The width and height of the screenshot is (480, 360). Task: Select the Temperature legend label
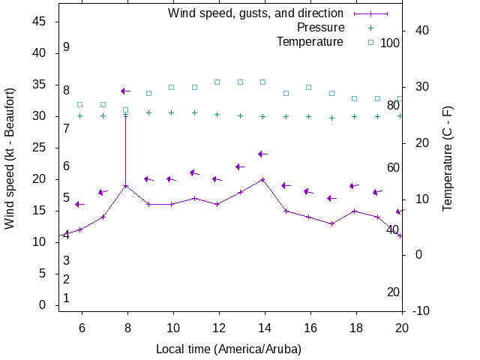pos(310,42)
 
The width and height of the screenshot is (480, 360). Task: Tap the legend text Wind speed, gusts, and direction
pos(255,13)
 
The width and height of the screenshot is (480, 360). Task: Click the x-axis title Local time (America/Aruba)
pos(229,349)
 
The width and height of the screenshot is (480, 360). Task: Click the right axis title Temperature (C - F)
pos(448,158)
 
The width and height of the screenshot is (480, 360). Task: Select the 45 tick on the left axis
pos(40,22)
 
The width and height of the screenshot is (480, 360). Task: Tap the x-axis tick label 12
pos(219,327)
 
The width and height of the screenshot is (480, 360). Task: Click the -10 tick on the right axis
pos(421,310)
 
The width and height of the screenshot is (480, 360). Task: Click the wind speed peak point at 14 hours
pos(262,179)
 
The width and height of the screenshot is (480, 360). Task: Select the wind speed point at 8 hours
pos(126,185)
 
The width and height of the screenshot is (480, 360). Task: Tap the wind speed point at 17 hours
pos(331,223)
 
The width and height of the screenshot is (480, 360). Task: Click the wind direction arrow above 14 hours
pos(262,154)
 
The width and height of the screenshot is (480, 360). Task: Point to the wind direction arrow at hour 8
pos(126,91)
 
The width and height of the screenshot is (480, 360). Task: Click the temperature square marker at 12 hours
pos(217,82)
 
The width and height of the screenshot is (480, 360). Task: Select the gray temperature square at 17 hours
pos(331,93)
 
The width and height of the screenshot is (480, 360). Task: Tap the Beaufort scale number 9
pos(66,46)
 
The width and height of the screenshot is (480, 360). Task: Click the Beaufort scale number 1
pos(66,298)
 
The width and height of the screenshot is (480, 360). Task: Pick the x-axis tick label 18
pos(354,327)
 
